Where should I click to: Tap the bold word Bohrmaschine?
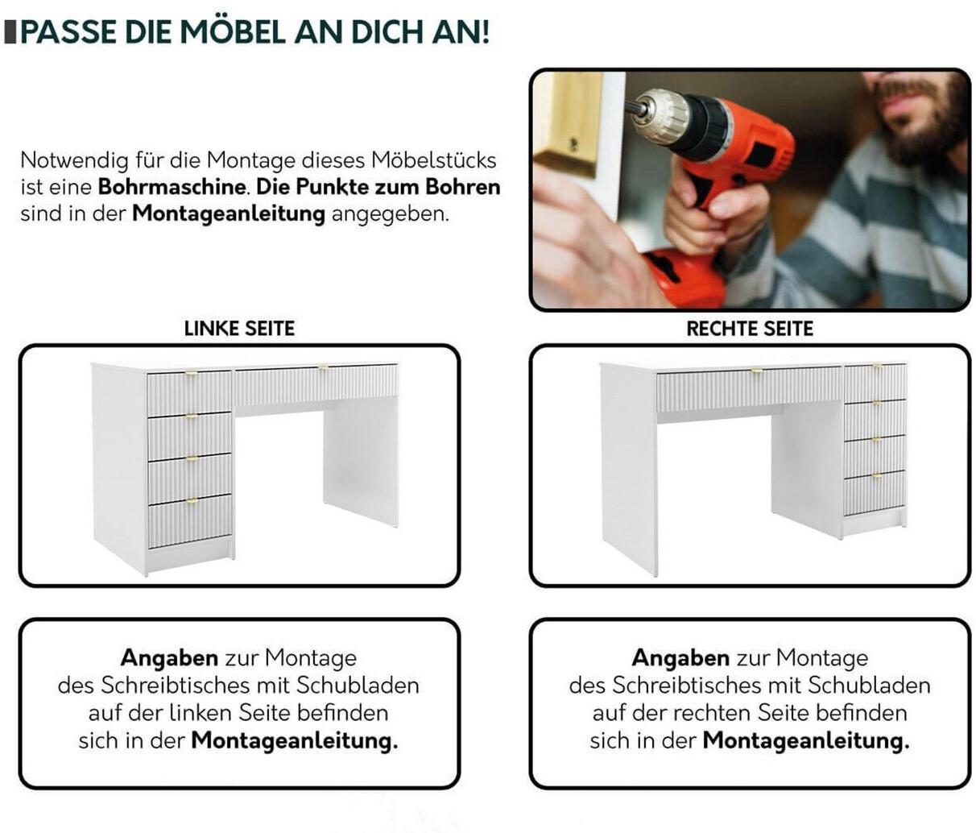tap(172, 187)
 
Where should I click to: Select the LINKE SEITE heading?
tap(239, 329)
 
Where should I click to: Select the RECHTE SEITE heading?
tap(750, 329)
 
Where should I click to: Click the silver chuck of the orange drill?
tap(660, 117)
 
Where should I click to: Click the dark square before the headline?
tap(10, 32)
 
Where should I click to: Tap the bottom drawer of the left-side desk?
tap(190, 521)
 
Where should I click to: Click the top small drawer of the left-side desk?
tap(189, 393)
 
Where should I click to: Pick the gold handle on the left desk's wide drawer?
tap(323, 368)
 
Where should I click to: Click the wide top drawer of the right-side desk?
tap(750, 389)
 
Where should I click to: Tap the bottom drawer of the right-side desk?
tap(875, 493)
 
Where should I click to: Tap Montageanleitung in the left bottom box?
tap(295, 741)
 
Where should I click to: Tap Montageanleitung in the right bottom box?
tap(806, 741)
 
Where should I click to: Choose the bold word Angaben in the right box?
tap(681, 658)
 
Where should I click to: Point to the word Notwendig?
tap(74, 160)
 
